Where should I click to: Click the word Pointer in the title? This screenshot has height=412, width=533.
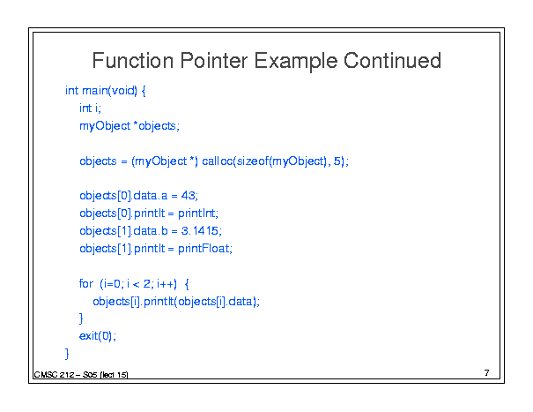coord(213,61)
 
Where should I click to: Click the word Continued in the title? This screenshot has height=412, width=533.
coord(392,61)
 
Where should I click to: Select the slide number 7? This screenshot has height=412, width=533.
coord(487,373)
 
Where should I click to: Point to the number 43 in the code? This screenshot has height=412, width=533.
coord(188,196)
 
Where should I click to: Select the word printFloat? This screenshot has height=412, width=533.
coord(204,249)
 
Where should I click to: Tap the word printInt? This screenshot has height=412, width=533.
coord(196,213)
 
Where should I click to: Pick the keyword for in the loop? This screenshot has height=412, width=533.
coord(86,283)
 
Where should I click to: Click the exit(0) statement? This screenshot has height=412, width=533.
coord(98,336)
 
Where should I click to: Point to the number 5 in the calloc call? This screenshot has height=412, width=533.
coord(337,161)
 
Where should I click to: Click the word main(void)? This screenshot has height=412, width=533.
coord(109,91)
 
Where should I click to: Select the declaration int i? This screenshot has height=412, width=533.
coord(90,109)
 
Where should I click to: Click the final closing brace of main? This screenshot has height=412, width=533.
coord(67,354)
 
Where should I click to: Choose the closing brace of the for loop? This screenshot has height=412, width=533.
coord(81,318)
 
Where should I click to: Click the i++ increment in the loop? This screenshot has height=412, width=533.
coord(166,283)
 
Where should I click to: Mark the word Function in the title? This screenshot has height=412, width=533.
coord(132,61)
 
